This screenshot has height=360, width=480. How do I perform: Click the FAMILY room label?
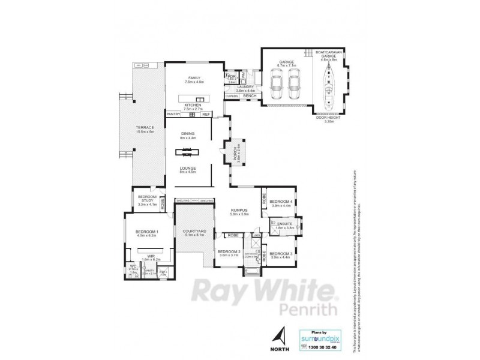point(194,79)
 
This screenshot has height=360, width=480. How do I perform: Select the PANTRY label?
point(173,114)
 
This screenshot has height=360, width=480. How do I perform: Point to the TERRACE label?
point(146,127)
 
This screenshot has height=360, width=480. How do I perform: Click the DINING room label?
point(188,134)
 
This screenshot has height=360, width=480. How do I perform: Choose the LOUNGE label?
point(188,168)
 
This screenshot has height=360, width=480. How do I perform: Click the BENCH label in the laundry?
point(250,96)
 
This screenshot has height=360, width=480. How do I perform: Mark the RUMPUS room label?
point(239,210)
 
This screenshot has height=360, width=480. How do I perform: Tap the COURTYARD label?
point(194,231)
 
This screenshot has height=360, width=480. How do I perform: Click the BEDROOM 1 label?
point(146,232)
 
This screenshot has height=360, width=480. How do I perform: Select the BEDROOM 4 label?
point(281,202)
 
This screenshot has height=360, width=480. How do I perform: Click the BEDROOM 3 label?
point(281,254)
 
